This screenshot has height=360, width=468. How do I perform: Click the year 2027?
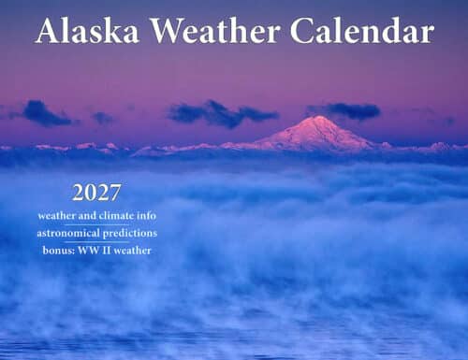tap(97, 194)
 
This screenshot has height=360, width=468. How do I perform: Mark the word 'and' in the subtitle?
tap(89, 216)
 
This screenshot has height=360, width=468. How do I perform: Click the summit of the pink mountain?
tap(319, 119)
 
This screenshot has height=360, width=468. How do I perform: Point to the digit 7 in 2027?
tap(115, 194)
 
